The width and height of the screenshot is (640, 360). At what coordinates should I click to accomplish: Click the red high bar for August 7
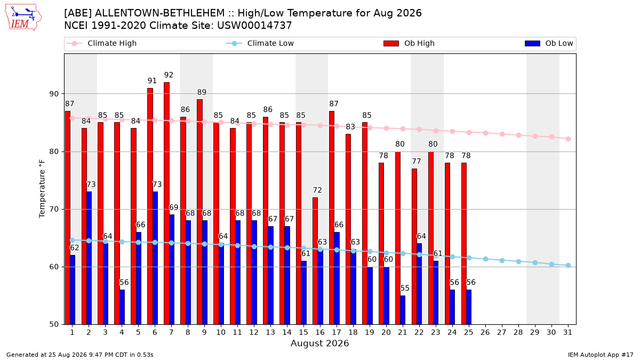click(166, 203)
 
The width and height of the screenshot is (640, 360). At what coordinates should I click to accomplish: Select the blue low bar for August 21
click(403, 310)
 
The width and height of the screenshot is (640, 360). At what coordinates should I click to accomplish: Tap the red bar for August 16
click(315, 261)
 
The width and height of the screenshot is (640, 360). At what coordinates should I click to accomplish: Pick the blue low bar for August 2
click(89, 258)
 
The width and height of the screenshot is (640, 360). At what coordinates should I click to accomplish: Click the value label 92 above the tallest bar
click(169, 75)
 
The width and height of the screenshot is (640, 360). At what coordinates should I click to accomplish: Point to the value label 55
click(405, 288)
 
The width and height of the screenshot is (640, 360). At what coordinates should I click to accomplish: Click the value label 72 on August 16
click(317, 190)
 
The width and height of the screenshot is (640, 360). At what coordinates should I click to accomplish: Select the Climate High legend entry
click(101, 43)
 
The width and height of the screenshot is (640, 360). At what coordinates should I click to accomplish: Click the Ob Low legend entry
click(549, 43)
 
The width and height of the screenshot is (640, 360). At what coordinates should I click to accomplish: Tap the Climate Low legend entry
click(260, 43)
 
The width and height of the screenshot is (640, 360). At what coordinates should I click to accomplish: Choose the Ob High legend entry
click(409, 43)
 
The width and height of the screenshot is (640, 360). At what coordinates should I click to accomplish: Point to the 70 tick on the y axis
click(54, 210)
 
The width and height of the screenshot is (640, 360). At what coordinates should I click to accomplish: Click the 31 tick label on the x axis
click(567, 333)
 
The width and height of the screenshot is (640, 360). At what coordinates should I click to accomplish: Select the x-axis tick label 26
click(485, 333)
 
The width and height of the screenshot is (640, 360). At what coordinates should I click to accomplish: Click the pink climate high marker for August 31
click(569, 139)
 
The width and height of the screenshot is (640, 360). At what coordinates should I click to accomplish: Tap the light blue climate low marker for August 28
click(518, 262)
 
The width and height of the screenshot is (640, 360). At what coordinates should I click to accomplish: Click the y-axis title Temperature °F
click(42, 189)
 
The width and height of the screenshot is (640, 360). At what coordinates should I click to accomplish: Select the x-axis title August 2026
click(319, 343)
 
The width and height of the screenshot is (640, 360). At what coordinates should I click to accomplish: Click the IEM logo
click(23, 18)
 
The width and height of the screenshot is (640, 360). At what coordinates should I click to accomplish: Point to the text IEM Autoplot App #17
click(601, 355)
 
